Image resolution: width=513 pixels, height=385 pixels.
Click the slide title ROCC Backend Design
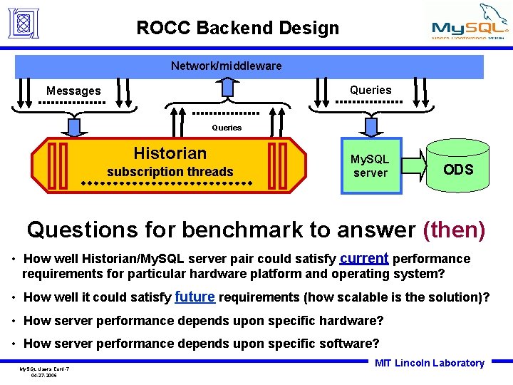coord(238,28)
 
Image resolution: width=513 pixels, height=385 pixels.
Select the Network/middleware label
coord(226,66)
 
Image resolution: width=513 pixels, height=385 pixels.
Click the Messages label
coord(73,91)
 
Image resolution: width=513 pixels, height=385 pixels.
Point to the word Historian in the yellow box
coord(170,153)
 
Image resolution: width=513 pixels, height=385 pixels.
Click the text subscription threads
coord(170,171)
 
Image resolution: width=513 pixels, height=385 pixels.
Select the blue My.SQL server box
coord(370,166)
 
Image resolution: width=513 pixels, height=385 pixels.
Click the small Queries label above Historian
coord(227,128)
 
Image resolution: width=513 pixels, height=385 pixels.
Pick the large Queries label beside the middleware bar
coord(370,90)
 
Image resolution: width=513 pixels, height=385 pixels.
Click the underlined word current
coord(364,257)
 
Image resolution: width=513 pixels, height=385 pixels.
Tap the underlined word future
coord(194,296)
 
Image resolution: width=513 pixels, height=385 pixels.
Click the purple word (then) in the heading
coord(454,230)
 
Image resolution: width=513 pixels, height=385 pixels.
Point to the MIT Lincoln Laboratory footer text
coord(430,363)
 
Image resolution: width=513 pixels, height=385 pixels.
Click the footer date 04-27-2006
coord(44,374)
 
